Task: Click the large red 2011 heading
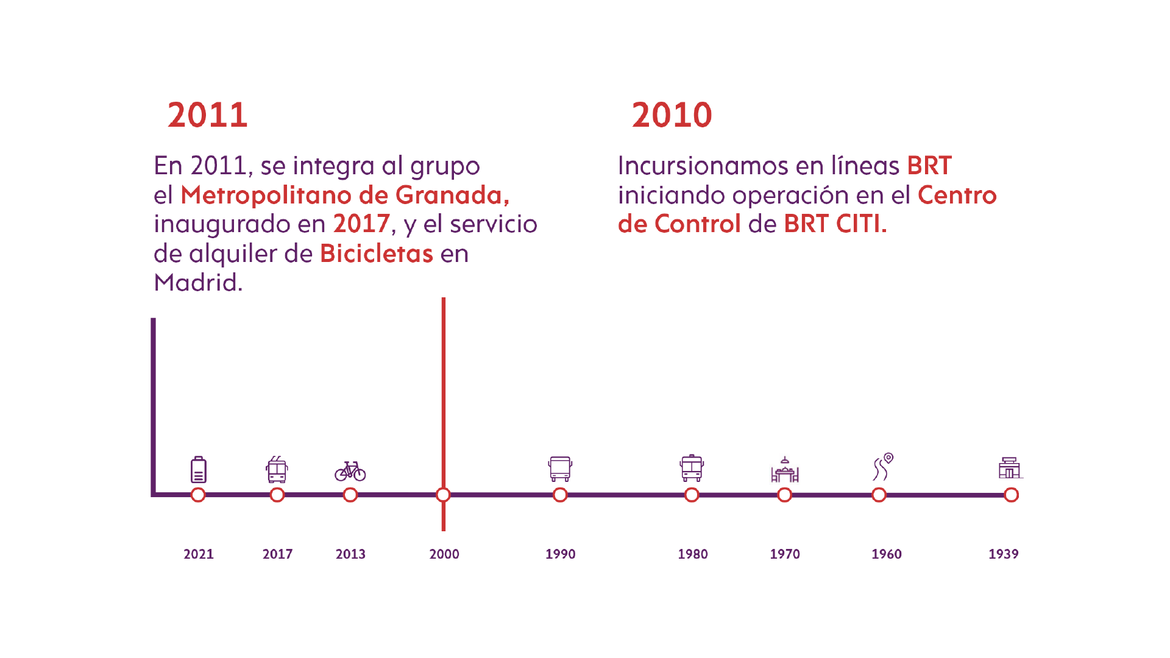pyautogui.click(x=207, y=115)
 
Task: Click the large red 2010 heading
pyautogui.click(x=672, y=115)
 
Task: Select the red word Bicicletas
pyautogui.click(x=376, y=253)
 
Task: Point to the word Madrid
pyautogui.click(x=197, y=283)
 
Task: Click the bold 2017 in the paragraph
pyautogui.click(x=361, y=224)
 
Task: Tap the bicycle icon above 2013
pyautogui.click(x=350, y=471)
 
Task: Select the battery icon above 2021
pyautogui.click(x=199, y=470)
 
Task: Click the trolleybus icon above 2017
pyautogui.click(x=277, y=470)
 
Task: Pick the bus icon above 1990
pyautogui.click(x=560, y=469)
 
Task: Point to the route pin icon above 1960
pyautogui.click(x=882, y=467)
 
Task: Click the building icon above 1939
pyautogui.click(x=1010, y=468)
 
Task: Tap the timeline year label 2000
pyautogui.click(x=444, y=554)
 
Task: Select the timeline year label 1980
pyautogui.click(x=693, y=554)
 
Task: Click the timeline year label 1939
pyautogui.click(x=1003, y=554)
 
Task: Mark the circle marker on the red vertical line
pyautogui.click(x=444, y=495)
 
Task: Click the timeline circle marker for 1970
pyautogui.click(x=785, y=495)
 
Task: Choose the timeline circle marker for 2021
pyautogui.click(x=198, y=495)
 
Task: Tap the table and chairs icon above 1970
pyautogui.click(x=785, y=470)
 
